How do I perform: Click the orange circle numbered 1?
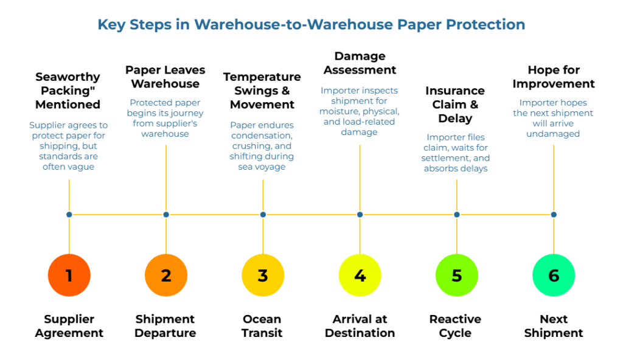[x=69, y=275]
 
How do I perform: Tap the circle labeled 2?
[x=166, y=275]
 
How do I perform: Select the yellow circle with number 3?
[x=263, y=275]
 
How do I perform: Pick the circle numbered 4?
[x=360, y=275]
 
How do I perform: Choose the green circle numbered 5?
[x=456, y=275]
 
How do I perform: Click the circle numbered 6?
[x=554, y=275]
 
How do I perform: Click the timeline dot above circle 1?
[x=69, y=215]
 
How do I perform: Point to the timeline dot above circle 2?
[x=166, y=215]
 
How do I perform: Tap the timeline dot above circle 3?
[x=263, y=215]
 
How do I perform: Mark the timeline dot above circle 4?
[x=360, y=215]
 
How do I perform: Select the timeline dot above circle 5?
[x=456, y=215]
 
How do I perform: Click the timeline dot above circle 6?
[x=554, y=215]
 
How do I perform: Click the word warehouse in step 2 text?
[x=165, y=134]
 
